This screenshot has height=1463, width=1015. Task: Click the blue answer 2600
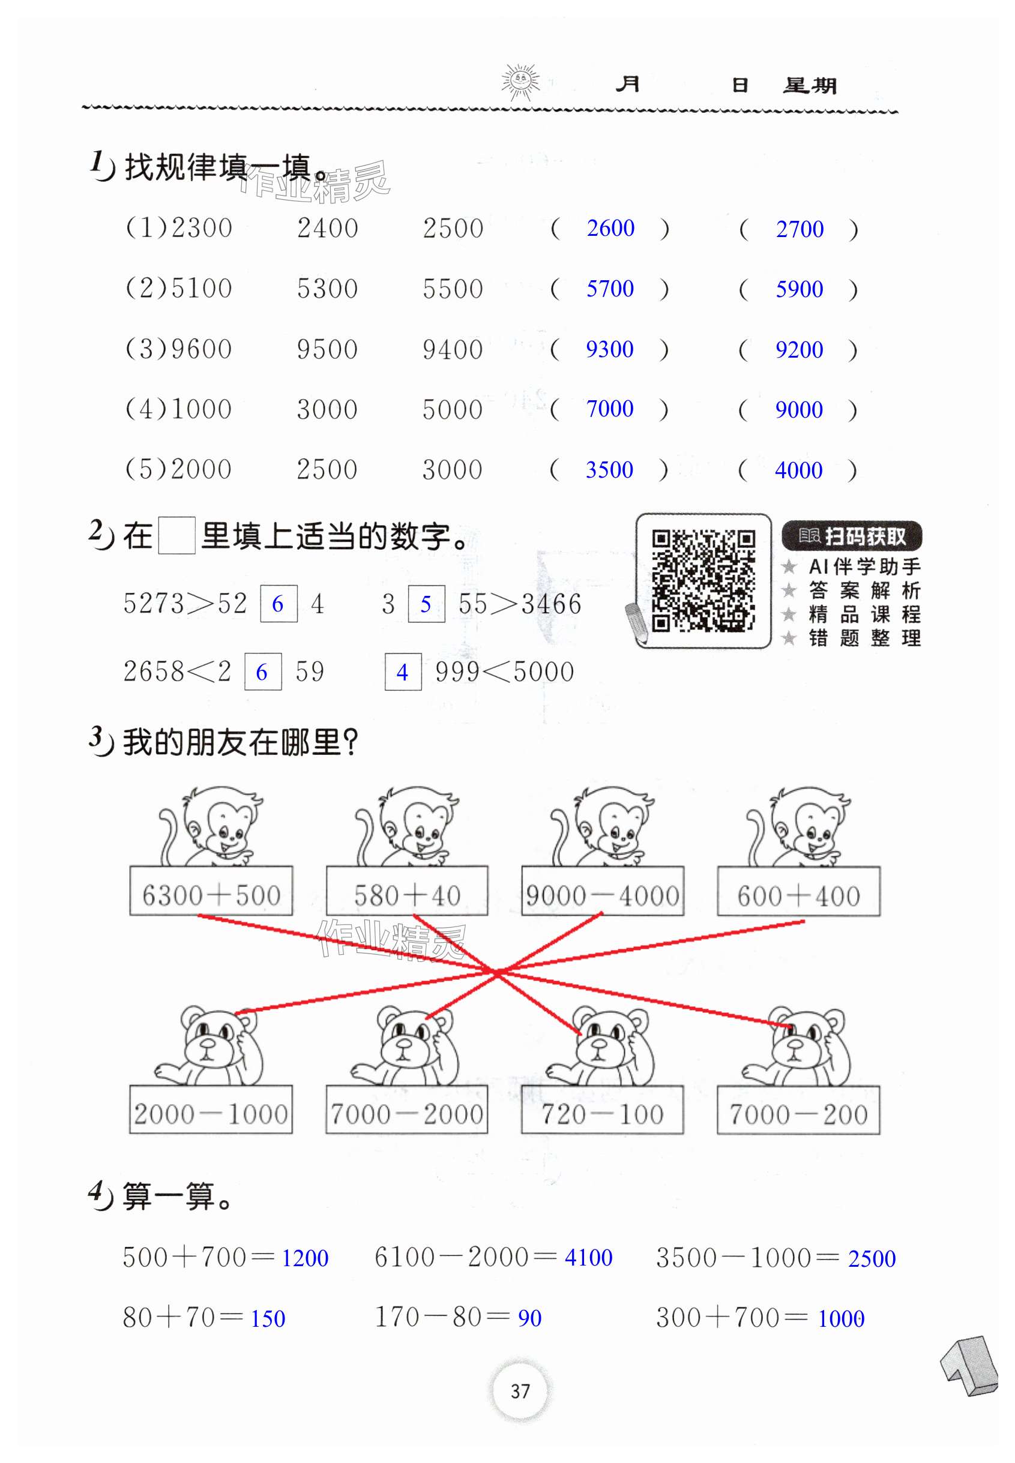[x=610, y=228]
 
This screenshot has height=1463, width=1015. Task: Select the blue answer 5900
[x=799, y=289]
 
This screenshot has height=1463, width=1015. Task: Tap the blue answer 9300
[x=609, y=349]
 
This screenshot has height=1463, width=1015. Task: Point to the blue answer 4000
[x=798, y=470]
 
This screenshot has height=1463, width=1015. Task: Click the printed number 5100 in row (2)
[x=202, y=289]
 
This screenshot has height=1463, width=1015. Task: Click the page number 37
[x=520, y=1391]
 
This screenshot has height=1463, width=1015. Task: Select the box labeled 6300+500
[x=211, y=891]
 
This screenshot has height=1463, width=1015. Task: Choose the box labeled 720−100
[x=601, y=1110]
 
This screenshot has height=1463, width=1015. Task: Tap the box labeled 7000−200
[x=798, y=1110]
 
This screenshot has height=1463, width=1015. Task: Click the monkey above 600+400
[x=803, y=826]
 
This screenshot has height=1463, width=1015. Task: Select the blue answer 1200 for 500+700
[x=305, y=1258]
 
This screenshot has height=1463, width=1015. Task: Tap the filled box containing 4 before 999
[x=403, y=672]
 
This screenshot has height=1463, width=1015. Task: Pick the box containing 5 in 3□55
[x=426, y=604]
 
